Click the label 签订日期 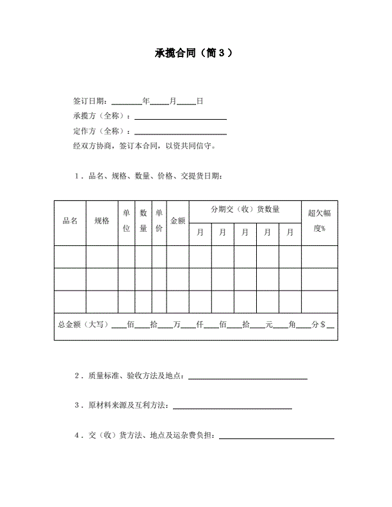coord(92,101)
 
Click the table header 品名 coord(70,221)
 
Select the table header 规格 coord(102,221)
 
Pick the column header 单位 coord(126,221)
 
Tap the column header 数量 coord(143,221)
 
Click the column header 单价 coord(159,221)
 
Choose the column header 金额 coord(177,221)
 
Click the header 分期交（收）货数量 coord(245,209)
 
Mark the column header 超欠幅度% coord(320,221)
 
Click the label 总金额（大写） coord(83,325)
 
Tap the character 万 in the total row coord(177,325)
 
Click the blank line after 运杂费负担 coord(277,437)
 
